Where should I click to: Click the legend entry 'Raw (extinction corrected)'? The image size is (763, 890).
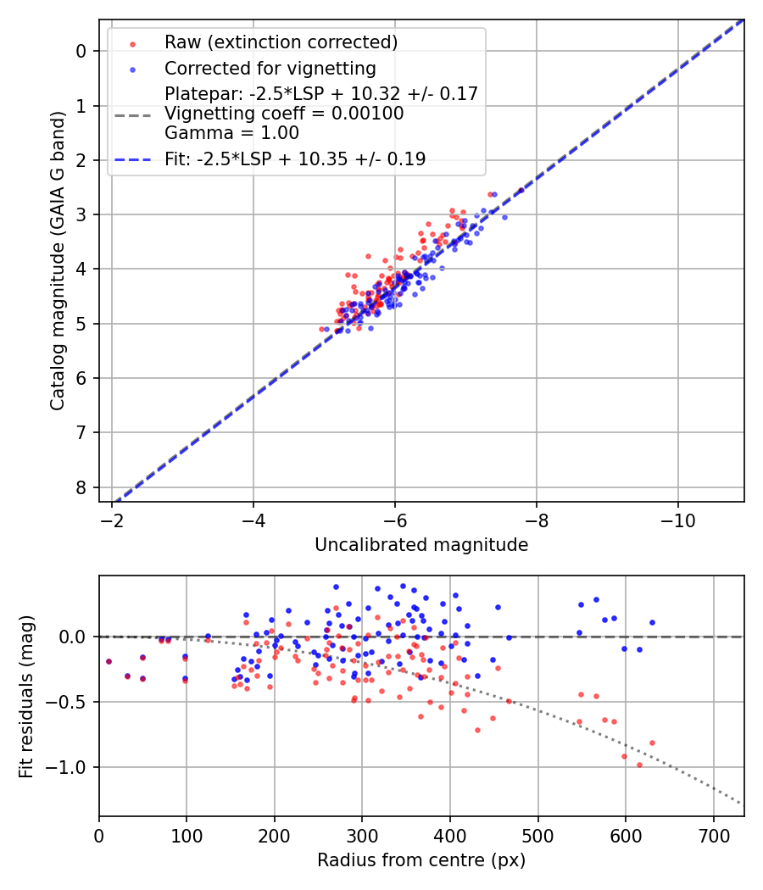281,42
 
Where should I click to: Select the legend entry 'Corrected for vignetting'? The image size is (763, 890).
270,68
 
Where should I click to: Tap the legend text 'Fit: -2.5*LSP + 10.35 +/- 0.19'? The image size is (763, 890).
295,159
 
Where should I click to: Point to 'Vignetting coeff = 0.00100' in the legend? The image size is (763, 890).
284,114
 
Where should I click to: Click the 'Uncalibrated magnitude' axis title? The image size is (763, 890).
421,545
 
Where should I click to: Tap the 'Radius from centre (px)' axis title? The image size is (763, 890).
421,860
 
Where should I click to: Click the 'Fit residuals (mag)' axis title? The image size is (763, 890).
26,696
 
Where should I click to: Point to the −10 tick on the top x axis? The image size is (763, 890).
677,519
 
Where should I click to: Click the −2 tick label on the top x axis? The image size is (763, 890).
112,519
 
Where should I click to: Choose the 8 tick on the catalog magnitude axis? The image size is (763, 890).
81,487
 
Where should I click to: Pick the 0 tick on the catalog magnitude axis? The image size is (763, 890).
81,51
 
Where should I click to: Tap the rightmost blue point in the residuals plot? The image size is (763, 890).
652,622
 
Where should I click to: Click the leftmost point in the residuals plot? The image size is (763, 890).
109,661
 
